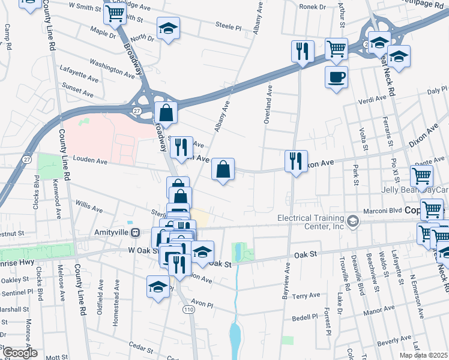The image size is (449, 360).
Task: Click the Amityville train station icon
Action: (x=136, y=233)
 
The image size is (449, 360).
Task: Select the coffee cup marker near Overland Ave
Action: (x=336, y=77)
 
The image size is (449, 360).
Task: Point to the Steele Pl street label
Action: (x=228, y=27)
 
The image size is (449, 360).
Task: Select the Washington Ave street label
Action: (x=112, y=67)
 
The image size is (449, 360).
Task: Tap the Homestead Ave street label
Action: (x=116, y=310)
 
